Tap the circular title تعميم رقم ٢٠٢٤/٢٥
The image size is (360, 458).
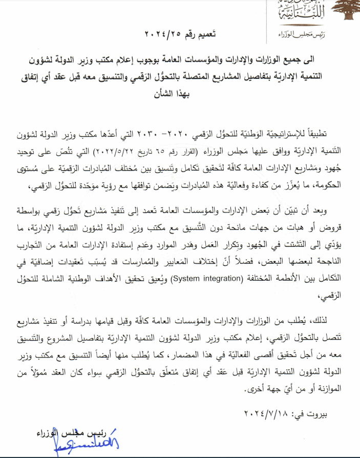coord(180,35)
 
